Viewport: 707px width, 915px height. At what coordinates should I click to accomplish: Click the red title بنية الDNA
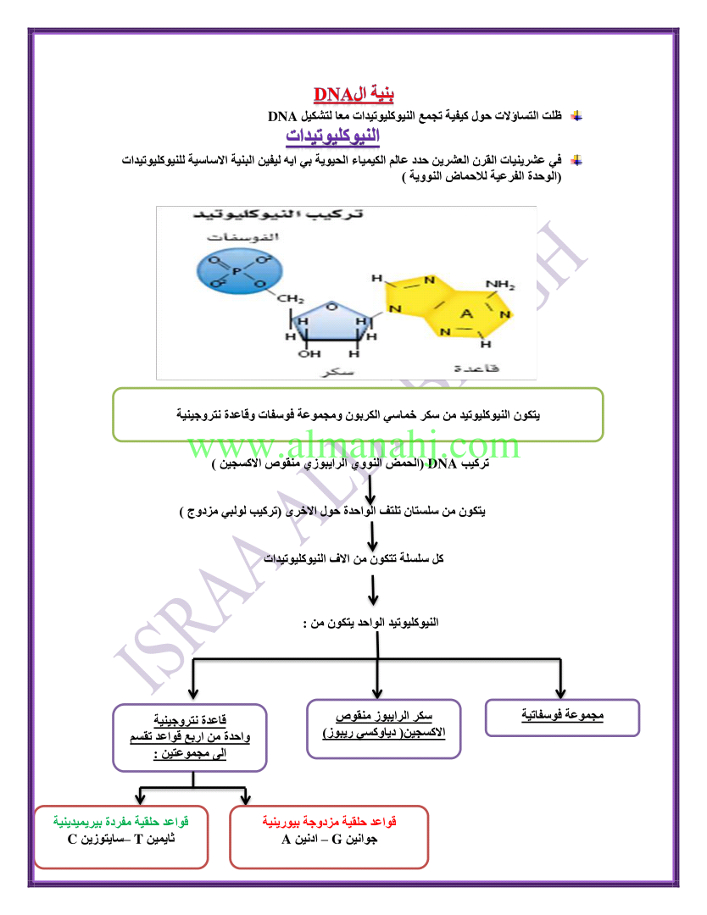(353, 93)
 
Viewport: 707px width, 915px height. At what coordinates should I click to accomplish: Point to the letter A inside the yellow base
(465, 313)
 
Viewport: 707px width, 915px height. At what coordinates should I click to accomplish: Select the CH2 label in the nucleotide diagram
(291, 299)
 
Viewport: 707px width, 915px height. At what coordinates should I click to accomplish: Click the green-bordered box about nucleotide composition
(357, 414)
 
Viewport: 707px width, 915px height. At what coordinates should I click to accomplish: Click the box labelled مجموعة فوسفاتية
(562, 717)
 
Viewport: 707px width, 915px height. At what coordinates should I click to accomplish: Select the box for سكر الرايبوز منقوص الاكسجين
(384, 727)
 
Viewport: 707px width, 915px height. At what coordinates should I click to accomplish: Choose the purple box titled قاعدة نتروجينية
(190, 737)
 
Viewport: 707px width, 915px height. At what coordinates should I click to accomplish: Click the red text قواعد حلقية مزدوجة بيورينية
(329, 822)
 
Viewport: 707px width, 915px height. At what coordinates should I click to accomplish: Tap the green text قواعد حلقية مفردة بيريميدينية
(120, 822)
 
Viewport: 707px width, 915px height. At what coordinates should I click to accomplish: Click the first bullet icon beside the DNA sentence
(576, 116)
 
